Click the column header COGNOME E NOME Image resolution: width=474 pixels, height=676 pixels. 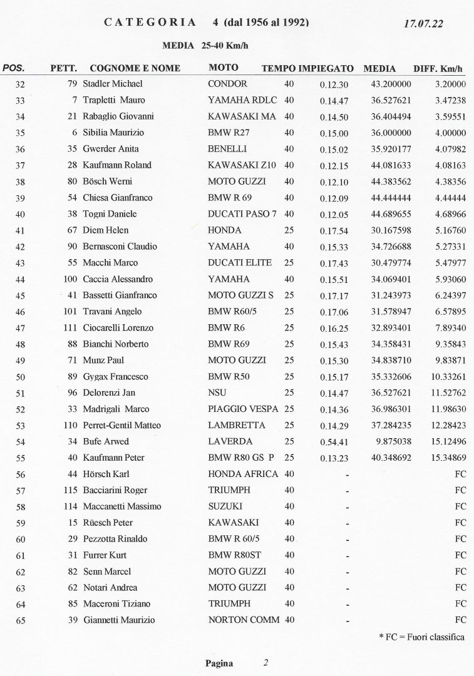coord(135,68)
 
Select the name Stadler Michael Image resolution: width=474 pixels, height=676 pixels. coord(113,84)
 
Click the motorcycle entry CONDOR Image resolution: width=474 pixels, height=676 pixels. coord(227,84)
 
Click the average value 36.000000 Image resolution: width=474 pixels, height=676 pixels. coord(391,133)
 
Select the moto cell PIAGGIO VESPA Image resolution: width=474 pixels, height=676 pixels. coord(244,409)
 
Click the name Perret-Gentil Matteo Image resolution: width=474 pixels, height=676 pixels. coord(121,426)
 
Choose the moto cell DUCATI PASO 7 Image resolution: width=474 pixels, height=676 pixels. coord(242,214)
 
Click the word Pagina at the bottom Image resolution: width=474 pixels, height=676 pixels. coord(219,663)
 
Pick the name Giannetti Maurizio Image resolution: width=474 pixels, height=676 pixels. coord(118,620)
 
